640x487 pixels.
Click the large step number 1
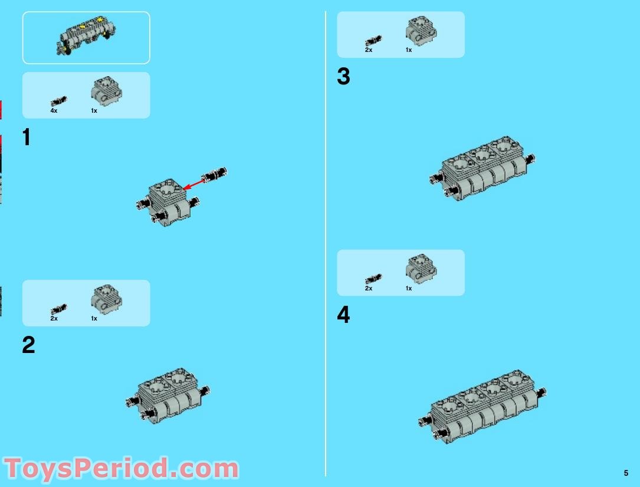click(x=26, y=138)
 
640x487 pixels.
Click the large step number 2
click(x=28, y=345)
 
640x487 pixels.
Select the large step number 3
click(x=343, y=77)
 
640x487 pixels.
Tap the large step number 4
click(x=343, y=315)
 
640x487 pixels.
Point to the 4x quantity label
click(x=54, y=111)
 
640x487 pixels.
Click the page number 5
click(x=626, y=473)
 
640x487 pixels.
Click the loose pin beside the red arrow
click(x=215, y=175)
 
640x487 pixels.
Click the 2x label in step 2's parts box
click(x=54, y=319)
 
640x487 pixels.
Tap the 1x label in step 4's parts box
click(x=408, y=289)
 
